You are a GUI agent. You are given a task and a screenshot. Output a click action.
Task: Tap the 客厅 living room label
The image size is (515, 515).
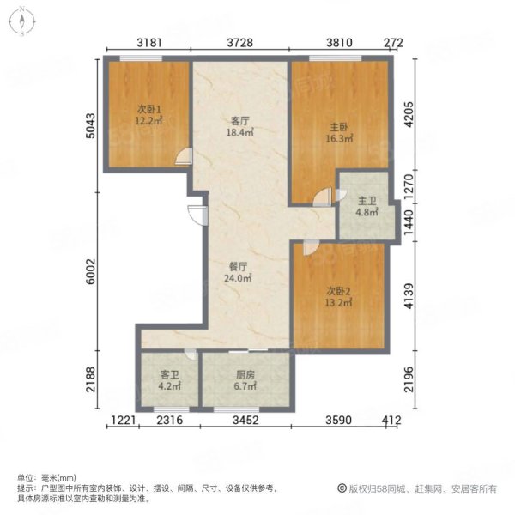239,121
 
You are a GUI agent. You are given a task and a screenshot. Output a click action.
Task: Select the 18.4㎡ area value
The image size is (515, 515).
239,133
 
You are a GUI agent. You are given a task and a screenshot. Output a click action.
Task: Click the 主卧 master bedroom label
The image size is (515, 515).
339,127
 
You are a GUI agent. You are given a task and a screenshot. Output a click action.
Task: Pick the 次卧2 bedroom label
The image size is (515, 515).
338,291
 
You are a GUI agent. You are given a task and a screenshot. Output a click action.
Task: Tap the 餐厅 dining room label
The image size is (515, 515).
238,267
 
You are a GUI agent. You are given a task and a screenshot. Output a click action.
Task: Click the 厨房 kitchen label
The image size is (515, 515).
245,375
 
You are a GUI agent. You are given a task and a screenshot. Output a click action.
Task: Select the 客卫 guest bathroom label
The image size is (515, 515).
169,375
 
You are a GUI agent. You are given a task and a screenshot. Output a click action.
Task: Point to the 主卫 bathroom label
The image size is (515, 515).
367,201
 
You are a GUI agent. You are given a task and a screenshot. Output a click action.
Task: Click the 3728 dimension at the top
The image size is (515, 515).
240,43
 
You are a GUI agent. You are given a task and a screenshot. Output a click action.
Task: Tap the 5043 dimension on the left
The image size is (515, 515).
90,126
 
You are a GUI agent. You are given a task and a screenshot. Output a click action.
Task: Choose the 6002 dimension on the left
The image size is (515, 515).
90,271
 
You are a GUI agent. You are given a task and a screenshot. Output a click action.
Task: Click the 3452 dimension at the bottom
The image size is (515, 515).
245,420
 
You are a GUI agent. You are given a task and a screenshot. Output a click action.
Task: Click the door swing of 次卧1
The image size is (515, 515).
184,156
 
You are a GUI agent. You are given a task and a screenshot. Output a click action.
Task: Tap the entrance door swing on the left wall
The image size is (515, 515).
197,215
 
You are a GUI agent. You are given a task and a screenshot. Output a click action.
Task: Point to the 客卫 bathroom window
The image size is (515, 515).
172,409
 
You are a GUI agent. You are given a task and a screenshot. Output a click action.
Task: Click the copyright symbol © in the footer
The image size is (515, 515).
342,488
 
